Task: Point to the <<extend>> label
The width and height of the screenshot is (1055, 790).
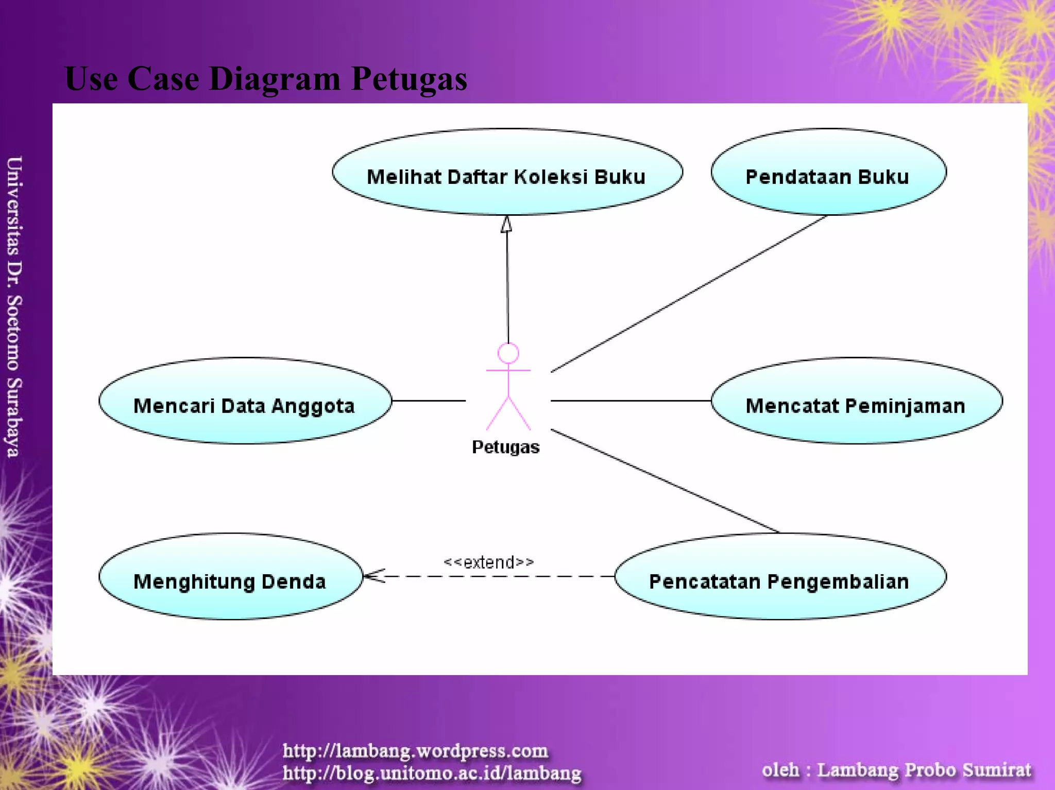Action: pyautogui.click(x=488, y=562)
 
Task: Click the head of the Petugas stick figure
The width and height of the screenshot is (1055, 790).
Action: pyautogui.click(x=508, y=353)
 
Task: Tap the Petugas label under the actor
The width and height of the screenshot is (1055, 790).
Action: pyautogui.click(x=505, y=447)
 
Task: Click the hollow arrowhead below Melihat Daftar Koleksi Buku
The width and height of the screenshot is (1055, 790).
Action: pyautogui.click(x=507, y=225)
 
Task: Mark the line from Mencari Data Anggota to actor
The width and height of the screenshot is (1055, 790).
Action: pyautogui.click(x=429, y=401)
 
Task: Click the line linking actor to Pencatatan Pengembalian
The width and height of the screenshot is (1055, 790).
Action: pyautogui.click(x=665, y=481)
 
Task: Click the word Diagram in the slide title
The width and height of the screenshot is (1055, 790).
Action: pyautogui.click(x=275, y=79)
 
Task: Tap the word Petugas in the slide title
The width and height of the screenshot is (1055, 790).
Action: pyautogui.click(x=409, y=79)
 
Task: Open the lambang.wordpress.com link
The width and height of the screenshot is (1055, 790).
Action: pyautogui.click(x=415, y=751)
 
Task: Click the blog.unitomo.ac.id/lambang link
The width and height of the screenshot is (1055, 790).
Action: pyautogui.click(x=432, y=773)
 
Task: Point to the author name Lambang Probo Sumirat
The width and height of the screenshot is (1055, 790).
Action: pyautogui.click(x=924, y=770)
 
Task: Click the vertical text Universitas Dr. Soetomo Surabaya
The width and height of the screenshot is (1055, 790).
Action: pyautogui.click(x=14, y=306)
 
